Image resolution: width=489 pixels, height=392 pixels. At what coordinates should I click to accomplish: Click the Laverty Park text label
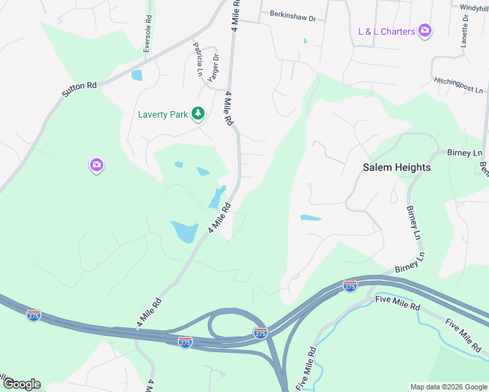coord(162,114)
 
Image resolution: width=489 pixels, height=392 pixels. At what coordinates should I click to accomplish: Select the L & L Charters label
coord(386,31)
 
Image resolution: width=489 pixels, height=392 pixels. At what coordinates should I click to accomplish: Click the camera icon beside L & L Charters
coord(425,30)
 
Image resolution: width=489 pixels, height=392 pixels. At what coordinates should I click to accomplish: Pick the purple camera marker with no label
coord(96,165)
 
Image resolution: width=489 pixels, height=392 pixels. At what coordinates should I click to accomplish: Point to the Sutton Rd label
coord(79,90)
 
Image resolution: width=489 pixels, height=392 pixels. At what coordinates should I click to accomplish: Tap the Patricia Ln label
coord(197,59)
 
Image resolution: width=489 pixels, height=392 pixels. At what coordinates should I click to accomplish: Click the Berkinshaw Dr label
coord(292,16)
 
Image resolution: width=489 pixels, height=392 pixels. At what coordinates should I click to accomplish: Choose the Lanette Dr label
coord(466,29)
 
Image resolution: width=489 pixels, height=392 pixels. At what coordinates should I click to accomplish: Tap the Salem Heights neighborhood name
coord(397,167)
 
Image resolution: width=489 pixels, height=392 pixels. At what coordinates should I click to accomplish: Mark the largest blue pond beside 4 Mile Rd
coord(185,231)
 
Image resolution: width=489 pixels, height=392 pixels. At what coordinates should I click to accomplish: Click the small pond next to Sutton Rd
coord(137,75)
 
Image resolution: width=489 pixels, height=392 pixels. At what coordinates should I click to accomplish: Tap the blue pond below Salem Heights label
coord(311,218)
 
